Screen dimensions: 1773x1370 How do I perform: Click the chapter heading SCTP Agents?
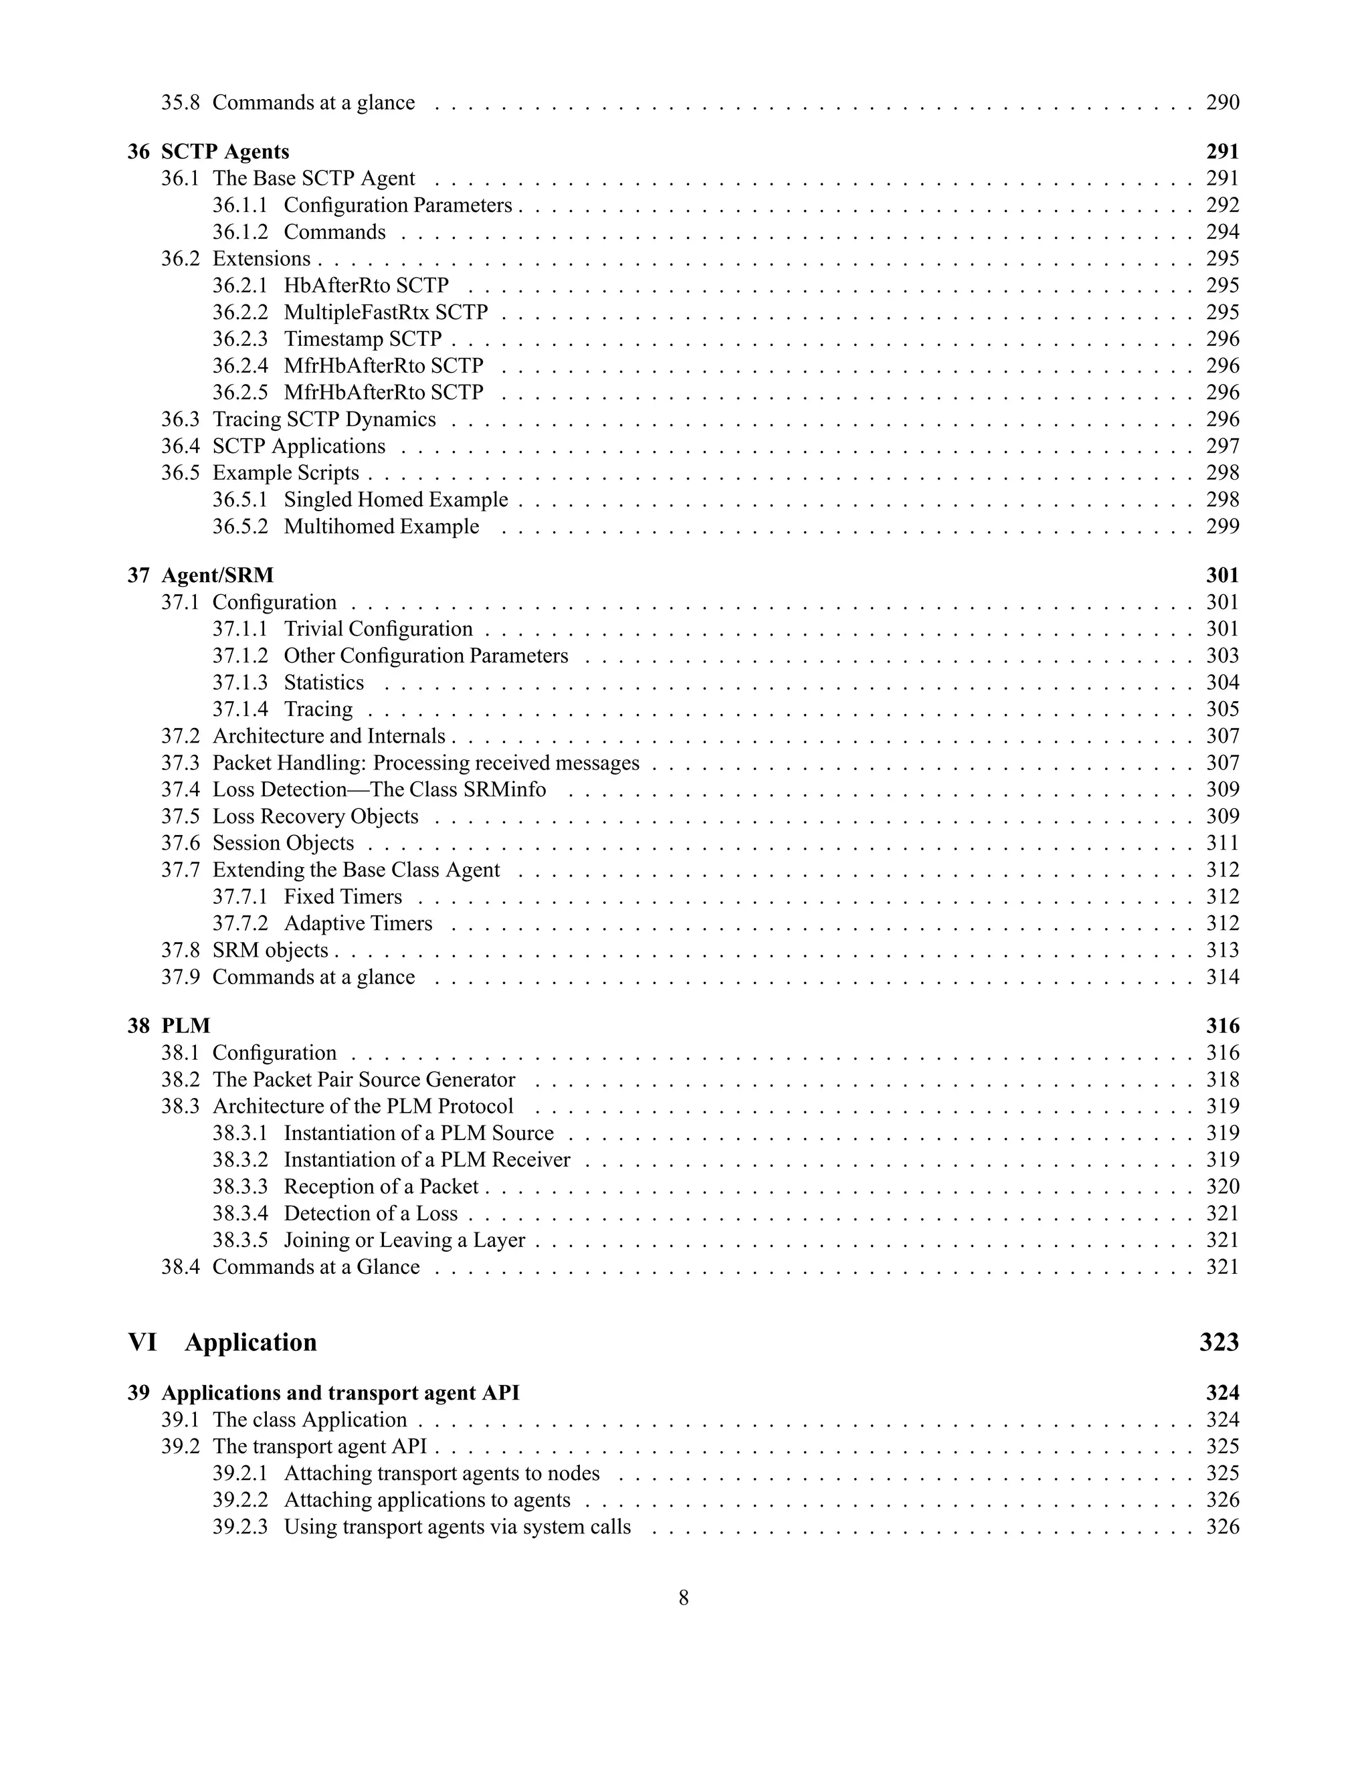pos(225,152)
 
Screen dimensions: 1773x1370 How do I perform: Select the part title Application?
pos(250,1342)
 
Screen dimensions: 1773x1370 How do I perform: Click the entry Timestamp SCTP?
pos(362,339)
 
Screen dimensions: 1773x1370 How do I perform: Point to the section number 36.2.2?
pos(239,312)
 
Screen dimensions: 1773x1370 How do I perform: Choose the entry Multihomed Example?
pos(381,526)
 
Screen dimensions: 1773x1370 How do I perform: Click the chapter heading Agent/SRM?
pos(217,575)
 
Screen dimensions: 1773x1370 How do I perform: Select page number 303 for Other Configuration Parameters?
pos(1222,655)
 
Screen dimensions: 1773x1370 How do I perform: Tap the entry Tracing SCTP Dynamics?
pos(324,419)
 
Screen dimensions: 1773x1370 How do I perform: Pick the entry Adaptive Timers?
pos(357,923)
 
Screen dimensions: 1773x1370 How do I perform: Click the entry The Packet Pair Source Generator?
pos(364,1079)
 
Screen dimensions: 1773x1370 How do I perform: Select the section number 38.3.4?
pos(239,1213)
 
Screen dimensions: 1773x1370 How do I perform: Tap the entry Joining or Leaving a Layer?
pos(404,1240)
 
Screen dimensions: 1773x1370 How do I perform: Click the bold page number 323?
pos(1219,1342)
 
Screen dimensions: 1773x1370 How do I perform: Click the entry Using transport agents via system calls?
pos(457,1526)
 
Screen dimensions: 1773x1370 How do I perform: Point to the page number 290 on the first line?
pos(1222,102)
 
